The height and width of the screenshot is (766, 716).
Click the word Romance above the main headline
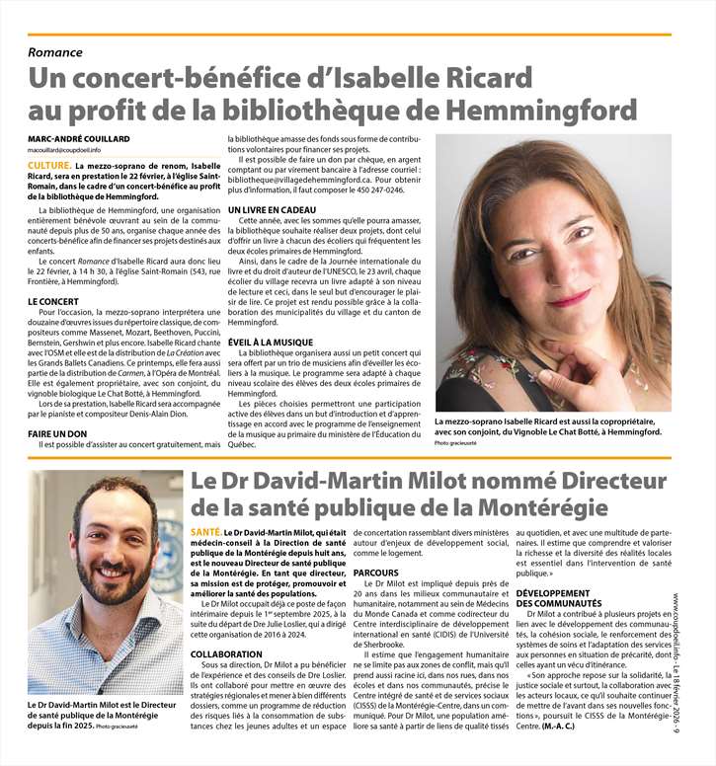pyautogui.click(x=55, y=51)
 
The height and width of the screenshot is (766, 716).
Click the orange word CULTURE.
pyautogui.click(x=48, y=166)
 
